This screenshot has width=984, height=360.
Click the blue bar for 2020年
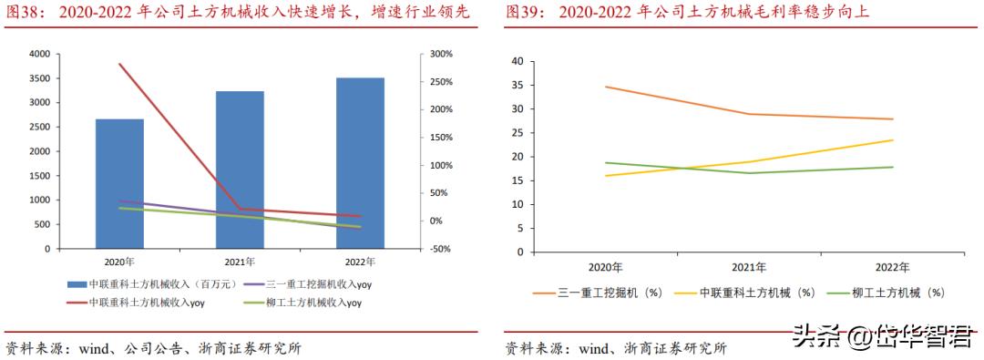(x=119, y=183)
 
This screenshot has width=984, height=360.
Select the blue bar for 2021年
(x=240, y=170)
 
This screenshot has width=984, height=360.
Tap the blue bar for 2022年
(x=360, y=162)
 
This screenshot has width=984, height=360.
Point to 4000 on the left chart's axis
(x=40, y=55)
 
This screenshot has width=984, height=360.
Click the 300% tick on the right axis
(x=441, y=55)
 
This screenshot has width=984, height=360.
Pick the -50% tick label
(x=441, y=249)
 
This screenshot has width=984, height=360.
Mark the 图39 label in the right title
(x=524, y=12)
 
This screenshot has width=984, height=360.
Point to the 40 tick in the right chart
(x=518, y=61)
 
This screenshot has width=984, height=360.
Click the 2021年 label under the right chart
(x=748, y=268)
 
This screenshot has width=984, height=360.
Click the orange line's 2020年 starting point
(x=605, y=87)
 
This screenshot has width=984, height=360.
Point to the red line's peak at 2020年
(x=119, y=64)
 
